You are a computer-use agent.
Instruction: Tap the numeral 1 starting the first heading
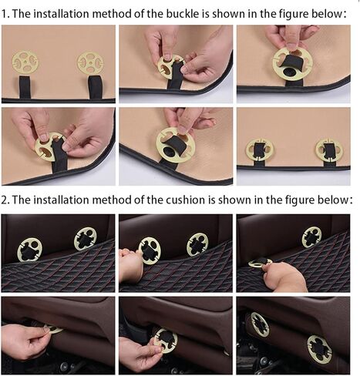tap(5, 14)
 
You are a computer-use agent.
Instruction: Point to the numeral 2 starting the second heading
tap(5, 200)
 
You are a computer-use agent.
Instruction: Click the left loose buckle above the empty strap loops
tap(25, 62)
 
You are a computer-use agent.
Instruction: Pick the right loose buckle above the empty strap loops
tap(90, 63)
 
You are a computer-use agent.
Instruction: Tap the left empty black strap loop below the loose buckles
tap(25, 87)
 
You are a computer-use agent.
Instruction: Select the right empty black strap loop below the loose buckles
tap(95, 87)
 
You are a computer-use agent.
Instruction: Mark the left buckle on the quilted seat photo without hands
tap(29, 250)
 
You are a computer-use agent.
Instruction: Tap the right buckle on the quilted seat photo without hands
tap(86, 239)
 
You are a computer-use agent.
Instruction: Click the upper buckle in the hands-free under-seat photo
tap(261, 324)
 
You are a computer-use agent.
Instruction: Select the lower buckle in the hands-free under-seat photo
tap(319, 349)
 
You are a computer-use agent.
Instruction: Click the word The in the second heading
tap(21, 200)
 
